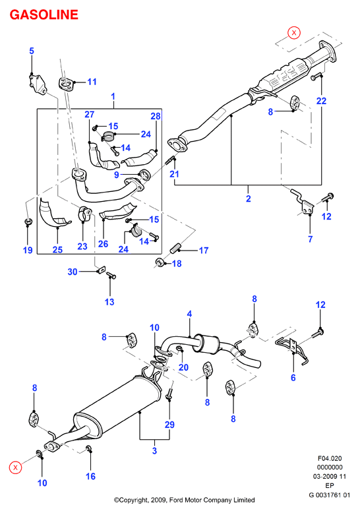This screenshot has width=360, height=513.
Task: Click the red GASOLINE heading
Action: click(x=44, y=15)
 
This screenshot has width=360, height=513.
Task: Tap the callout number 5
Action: click(x=32, y=51)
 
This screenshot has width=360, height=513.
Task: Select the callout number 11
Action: click(x=92, y=82)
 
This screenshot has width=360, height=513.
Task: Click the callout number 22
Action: click(x=321, y=101)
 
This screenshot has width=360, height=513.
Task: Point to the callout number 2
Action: click(x=249, y=198)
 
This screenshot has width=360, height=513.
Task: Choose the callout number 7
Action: click(x=311, y=239)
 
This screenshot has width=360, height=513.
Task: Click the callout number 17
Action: click(x=204, y=251)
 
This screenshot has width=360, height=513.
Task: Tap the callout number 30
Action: click(x=73, y=272)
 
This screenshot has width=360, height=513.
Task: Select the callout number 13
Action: click(x=109, y=301)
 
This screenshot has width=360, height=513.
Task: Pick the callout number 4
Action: click(x=189, y=314)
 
